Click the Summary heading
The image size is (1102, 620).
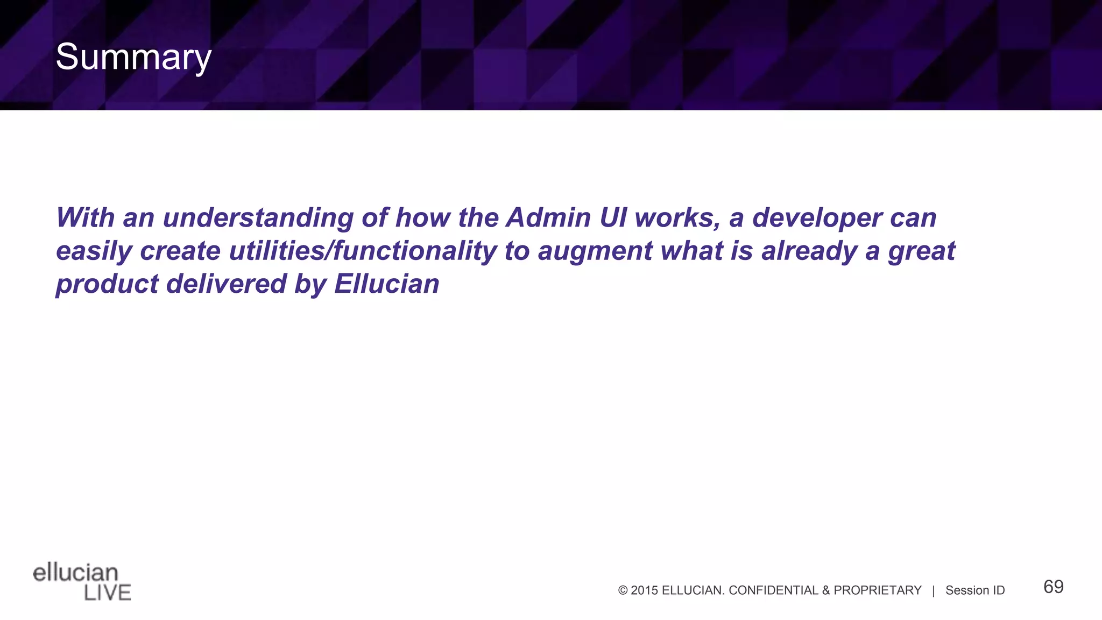pos(133,57)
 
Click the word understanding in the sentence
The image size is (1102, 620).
pos(258,218)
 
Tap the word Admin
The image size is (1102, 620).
pos(548,217)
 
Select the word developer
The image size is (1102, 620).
pos(817,218)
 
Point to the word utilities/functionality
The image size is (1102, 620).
pos(363,251)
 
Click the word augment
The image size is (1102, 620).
pos(595,251)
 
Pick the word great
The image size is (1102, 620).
pos(921,251)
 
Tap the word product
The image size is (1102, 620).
pos(107,284)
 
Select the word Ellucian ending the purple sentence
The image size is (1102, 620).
pos(386,284)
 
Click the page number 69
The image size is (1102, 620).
pos(1053,587)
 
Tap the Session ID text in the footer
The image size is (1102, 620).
pos(974,590)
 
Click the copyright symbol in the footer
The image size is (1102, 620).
pos(623,590)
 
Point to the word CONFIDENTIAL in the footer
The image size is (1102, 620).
pos(773,590)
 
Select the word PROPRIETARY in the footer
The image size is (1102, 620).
pos(877,590)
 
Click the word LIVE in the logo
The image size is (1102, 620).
pos(108,593)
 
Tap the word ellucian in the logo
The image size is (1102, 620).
pos(75,573)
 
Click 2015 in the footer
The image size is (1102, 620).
pos(644,590)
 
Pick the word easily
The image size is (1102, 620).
pos(94,251)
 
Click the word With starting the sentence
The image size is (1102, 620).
pos(86,218)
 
